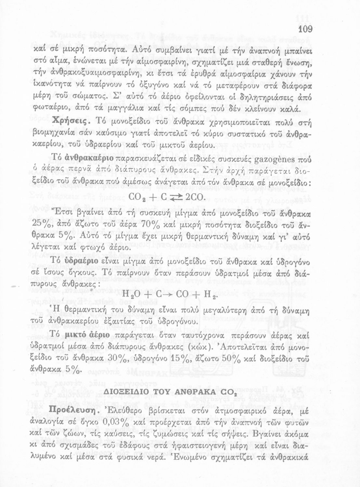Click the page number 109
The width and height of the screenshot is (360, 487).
coord(305,29)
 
